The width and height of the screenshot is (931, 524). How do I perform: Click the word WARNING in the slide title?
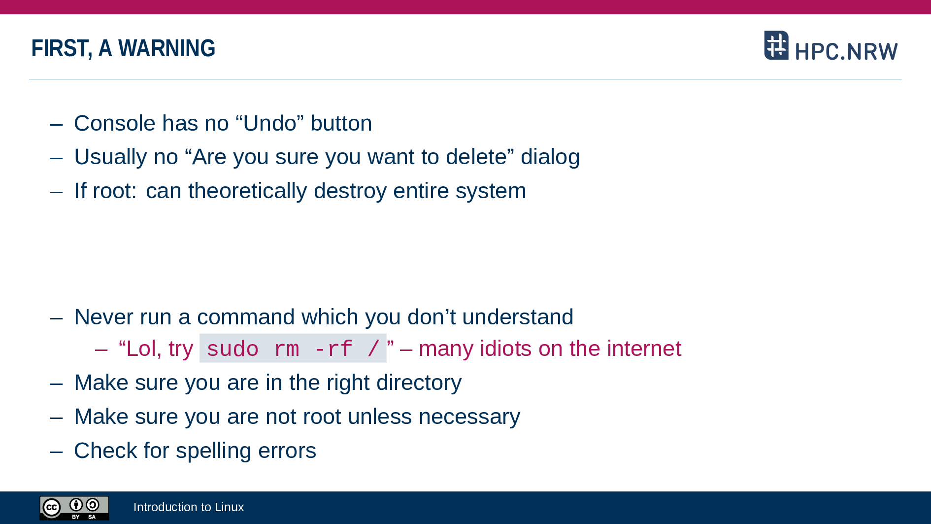(166, 48)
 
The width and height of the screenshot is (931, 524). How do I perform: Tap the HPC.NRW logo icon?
(776, 45)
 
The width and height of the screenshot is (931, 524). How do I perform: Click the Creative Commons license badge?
(74, 508)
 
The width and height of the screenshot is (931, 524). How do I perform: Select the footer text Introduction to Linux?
(189, 507)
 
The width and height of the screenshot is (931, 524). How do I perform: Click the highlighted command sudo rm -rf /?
(293, 349)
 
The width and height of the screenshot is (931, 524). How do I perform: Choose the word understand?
(518, 317)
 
